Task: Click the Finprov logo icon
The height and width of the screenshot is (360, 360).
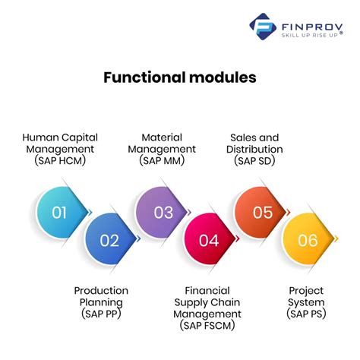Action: (x=262, y=27)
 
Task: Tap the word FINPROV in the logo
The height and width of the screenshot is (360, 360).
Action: (x=312, y=27)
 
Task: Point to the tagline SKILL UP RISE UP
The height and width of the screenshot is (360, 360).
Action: (x=310, y=35)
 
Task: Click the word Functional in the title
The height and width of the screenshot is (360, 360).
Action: (x=144, y=77)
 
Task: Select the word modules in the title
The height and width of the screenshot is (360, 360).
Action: (x=223, y=77)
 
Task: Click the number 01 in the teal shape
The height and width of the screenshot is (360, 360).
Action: (x=59, y=213)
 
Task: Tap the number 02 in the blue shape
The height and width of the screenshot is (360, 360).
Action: (x=109, y=240)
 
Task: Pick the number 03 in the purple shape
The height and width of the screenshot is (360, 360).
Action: (x=163, y=213)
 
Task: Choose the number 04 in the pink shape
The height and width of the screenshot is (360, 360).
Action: (x=209, y=240)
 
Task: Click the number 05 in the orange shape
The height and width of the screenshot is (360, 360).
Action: (x=263, y=213)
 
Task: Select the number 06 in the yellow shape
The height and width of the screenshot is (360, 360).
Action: (x=308, y=240)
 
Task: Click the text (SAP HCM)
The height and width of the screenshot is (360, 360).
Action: (x=60, y=160)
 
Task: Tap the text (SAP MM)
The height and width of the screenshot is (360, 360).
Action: (x=162, y=160)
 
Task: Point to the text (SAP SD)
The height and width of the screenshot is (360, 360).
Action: (x=254, y=160)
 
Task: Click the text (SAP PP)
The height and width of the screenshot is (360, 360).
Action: (x=101, y=314)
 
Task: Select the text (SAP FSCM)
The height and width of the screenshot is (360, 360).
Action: (x=207, y=325)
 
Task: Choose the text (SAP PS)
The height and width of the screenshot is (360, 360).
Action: (x=306, y=314)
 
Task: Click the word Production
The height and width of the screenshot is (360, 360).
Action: (x=101, y=291)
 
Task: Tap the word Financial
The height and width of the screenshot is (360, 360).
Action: (x=207, y=291)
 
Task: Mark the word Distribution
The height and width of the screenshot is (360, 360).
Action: (x=254, y=149)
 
